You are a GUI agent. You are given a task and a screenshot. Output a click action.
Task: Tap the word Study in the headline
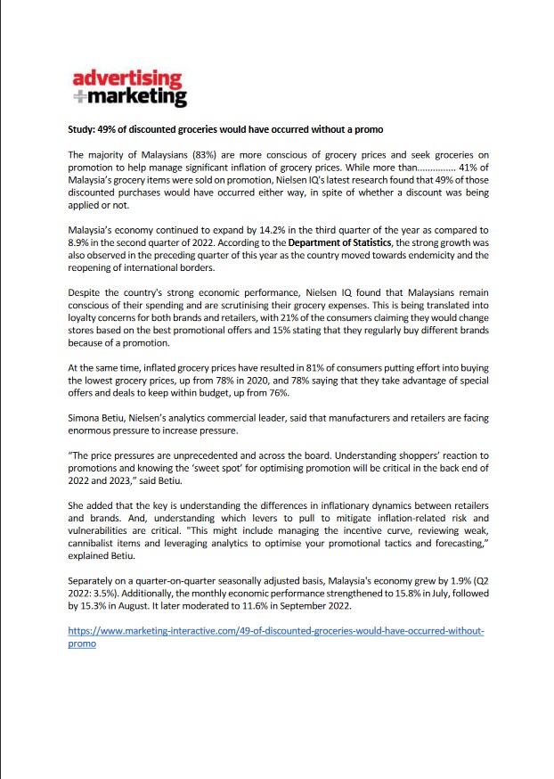pyautogui.click(x=83, y=129)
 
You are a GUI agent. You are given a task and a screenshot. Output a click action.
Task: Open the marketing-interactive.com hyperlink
pyautogui.click(x=275, y=631)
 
